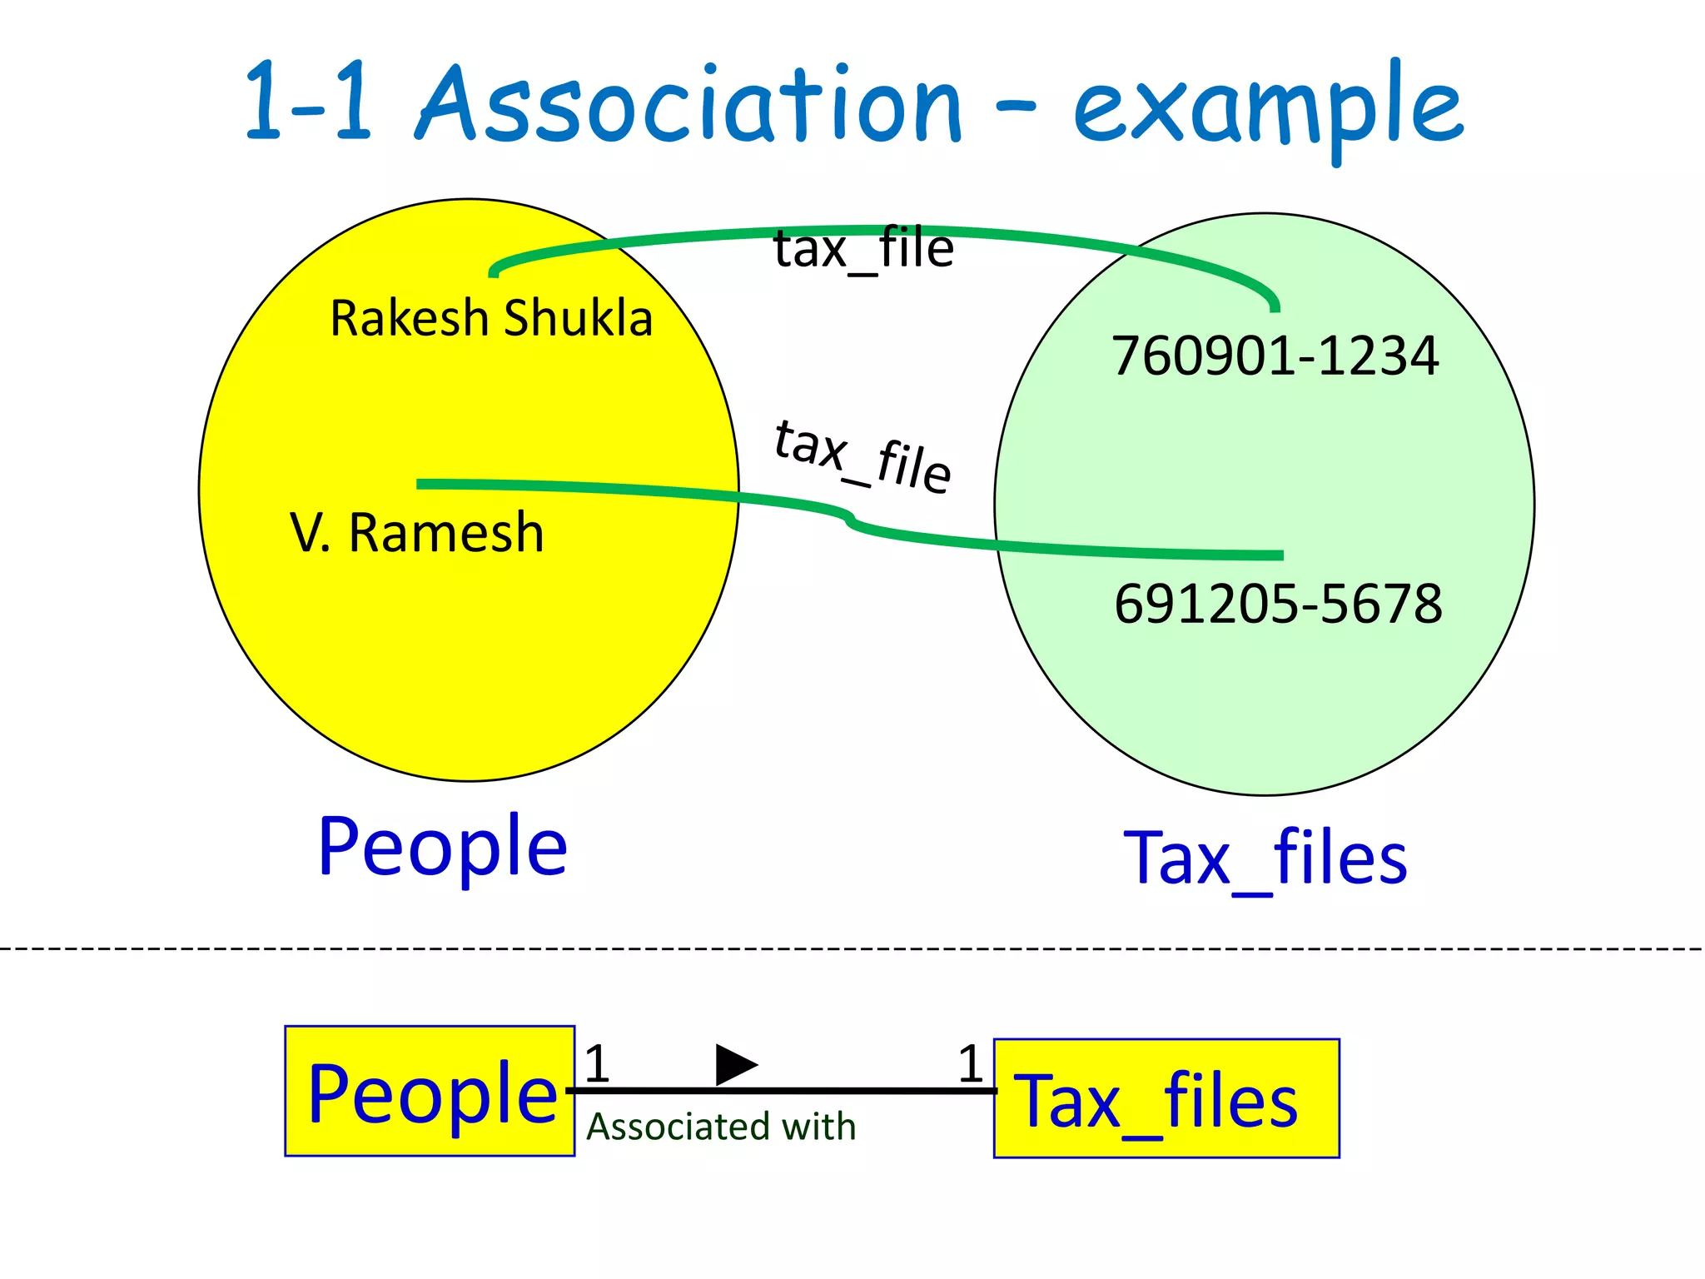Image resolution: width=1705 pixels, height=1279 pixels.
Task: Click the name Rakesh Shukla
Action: pos(491,318)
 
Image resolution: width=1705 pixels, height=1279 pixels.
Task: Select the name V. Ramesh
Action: pos(417,533)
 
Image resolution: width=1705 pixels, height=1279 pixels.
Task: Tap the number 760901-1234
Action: pos(1275,356)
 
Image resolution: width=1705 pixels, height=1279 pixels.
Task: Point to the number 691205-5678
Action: pos(1278,604)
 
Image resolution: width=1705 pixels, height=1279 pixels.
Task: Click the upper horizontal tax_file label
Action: pos(863,249)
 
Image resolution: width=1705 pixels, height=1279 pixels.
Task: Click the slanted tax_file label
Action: pos(862,456)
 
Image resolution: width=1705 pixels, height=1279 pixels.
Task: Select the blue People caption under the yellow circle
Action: pos(442,848)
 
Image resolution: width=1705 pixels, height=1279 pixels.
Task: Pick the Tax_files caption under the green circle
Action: pos(1265,859)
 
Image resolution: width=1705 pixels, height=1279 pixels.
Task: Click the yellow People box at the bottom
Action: pos(430,1091)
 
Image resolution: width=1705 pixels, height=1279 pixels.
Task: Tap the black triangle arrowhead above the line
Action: pos(734,1065)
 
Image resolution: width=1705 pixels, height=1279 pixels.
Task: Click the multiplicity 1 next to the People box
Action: pos(597,1063)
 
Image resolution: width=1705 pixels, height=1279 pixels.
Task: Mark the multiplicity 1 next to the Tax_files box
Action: pos(971,1064)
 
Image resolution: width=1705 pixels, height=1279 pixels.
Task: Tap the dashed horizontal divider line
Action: pos(852,948)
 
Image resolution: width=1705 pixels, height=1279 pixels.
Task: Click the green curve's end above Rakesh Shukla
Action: pos(494,271)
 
